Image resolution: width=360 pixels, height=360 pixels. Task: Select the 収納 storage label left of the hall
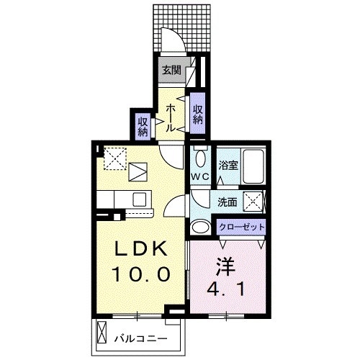click(x=143, y=125)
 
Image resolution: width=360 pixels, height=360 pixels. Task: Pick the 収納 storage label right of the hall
click(x=197, y=113)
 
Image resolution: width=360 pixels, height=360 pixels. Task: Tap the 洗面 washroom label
click(x=228, y=202)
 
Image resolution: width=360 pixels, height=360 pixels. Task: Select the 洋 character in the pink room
click(x=225, y=265)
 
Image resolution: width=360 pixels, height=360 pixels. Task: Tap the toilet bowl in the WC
click(x=200, y=158)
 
